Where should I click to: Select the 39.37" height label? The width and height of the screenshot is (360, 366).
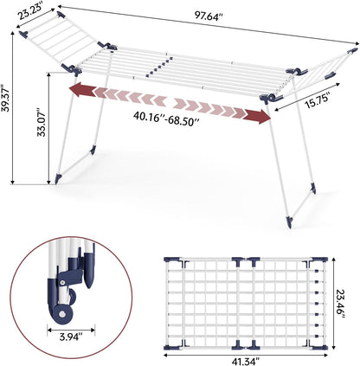6,98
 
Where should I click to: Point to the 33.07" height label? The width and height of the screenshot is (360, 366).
42,122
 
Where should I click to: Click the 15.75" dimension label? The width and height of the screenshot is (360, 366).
318,101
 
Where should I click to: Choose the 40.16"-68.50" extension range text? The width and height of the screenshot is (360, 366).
166,118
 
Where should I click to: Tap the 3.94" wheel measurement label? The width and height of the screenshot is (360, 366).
71,337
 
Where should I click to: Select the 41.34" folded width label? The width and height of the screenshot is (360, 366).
246,361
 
